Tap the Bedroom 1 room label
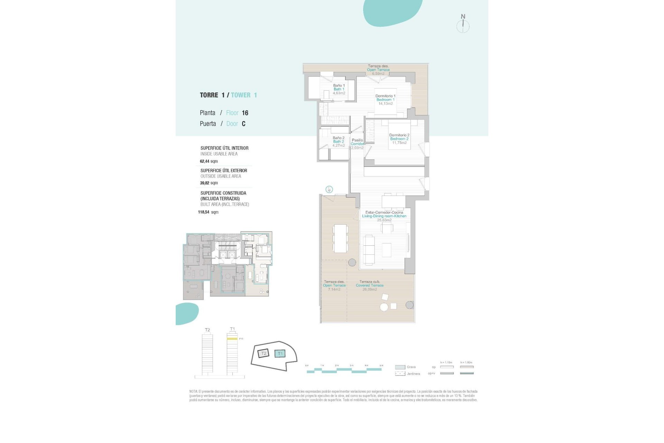[x=385, y=100]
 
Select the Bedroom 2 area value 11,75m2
[x=399, y=143]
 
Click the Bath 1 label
[x=339, y=89]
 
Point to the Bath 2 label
[x=338, y=142]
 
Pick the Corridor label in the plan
[x=357, y=144]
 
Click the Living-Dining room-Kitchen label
[x=384, y=216]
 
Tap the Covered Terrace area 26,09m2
[x=369, y=289]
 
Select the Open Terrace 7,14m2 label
[x=334, y=286]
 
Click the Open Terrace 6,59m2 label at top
[x=378, y=70]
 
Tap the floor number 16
[x=245, y=113]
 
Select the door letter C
[x=243, y=124]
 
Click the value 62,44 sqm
[x=209, y=161]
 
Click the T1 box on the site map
[x=280, y=353]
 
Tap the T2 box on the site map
[x=263, y=353]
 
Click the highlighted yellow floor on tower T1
[x=232, y=339]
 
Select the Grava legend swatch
[x=400, y=367]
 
